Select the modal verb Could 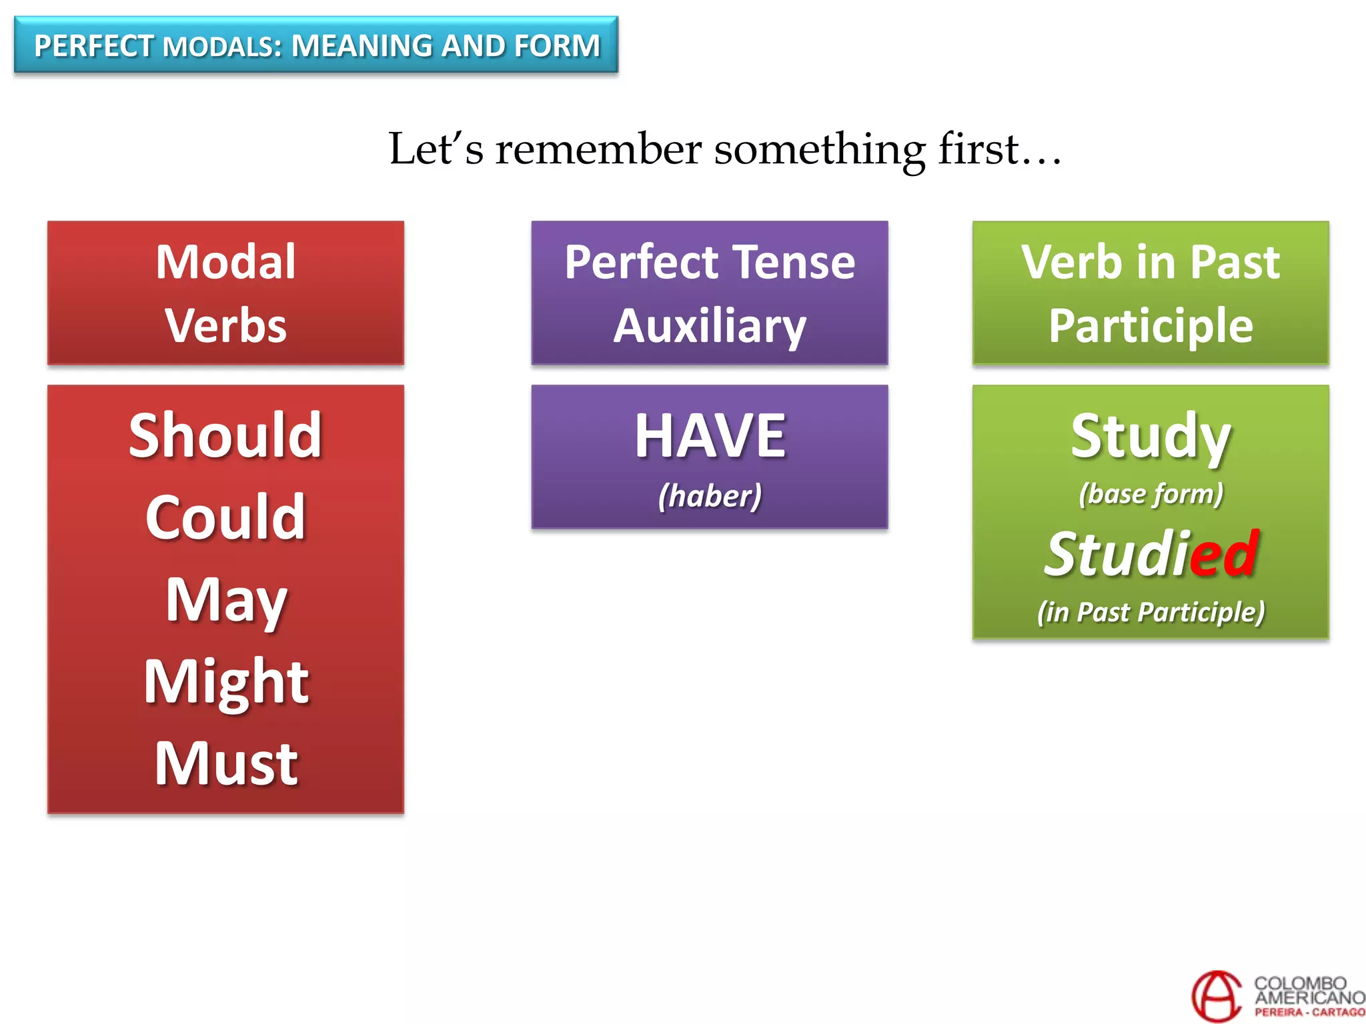click(225, 517)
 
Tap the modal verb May click(225, 600)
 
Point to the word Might click(225, 681)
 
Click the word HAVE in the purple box click(710, 436)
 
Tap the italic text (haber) click(710, 496)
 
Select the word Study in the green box click(1151, 436)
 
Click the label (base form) click(1151, 494)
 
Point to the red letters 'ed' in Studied click(1225, 553)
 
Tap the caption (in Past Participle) click(1151, 612)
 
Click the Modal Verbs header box click(225, 293)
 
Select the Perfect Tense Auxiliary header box click(710, 293)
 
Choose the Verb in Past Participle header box click(1151, 293)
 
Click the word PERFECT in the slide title click(93, 46)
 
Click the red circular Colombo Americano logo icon click(1216, 996)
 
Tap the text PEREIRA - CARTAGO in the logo click(1309, 1012)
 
